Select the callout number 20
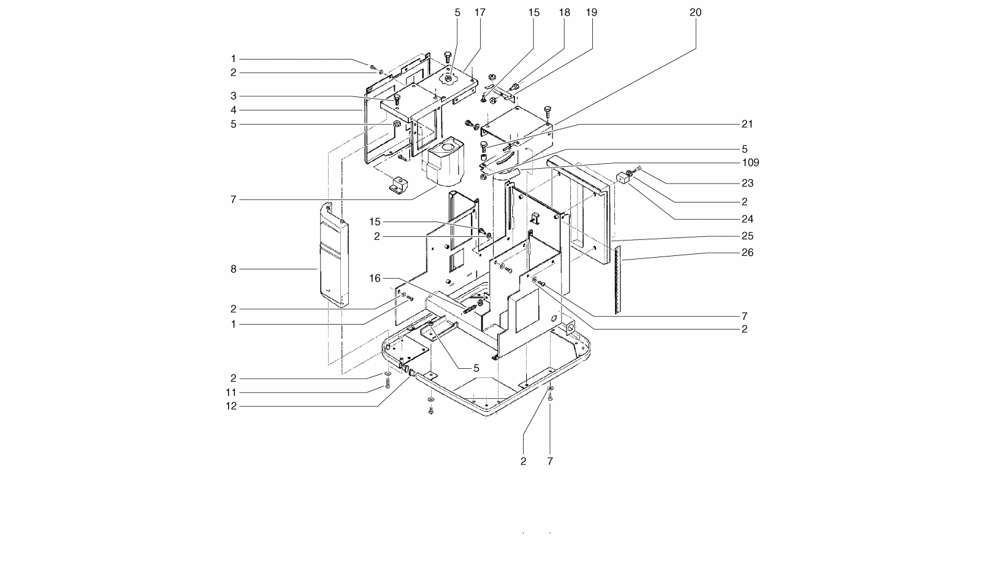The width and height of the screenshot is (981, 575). pos(695,12)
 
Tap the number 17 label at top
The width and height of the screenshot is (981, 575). pos(479,12)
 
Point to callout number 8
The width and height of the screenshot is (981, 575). pos(234,269)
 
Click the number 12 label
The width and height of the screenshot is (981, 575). pos(231,406)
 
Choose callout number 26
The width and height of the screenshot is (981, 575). pos(747,252)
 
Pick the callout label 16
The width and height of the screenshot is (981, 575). pos(375,278)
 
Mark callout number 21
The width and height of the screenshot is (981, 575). pos(747,123)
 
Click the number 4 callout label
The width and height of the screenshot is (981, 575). pos(234,110)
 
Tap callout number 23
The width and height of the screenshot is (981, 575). pos(747,183)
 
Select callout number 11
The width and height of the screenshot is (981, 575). pos(231,392)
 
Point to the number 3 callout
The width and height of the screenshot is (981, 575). pos(234,96)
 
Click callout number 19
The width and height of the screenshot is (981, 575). pos(592,12)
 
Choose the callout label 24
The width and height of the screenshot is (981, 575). pos(747,218)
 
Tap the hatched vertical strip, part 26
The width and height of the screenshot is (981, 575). pos(617,279)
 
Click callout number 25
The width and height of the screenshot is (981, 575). pos(747,236)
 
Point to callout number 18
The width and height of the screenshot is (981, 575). pos(564,12)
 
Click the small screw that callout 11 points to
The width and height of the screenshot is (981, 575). pos(387,384)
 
